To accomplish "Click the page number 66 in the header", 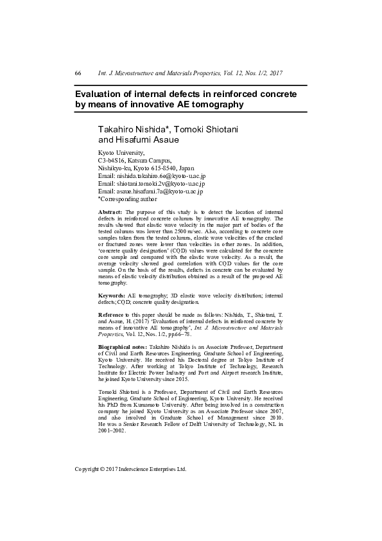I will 78,73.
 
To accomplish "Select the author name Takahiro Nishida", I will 132,130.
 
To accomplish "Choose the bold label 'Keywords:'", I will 112,294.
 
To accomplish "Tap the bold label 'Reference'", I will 112,313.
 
